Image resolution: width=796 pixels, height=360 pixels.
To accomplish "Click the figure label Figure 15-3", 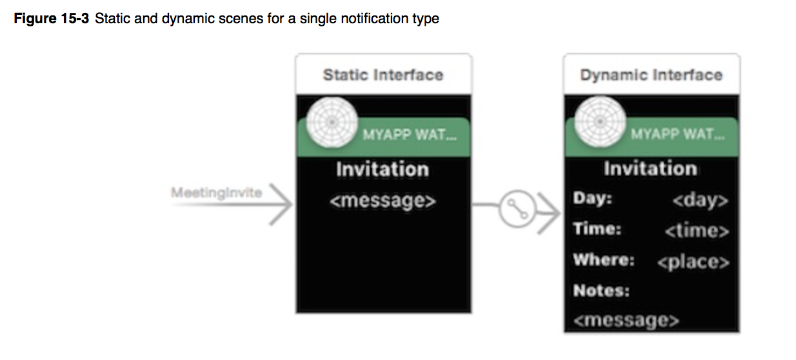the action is click(51, 19).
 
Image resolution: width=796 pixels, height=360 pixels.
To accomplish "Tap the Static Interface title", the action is click(383, 75).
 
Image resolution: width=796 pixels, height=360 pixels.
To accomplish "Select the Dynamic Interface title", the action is click(652, 75).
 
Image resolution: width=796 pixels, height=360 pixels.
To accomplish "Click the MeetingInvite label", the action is click(216, 193).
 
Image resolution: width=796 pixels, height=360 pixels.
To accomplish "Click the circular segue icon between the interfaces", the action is click(517, 209).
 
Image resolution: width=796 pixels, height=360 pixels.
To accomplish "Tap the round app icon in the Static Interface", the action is click(332, 122).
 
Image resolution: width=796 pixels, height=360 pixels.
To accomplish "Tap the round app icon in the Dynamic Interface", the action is click(600, 121).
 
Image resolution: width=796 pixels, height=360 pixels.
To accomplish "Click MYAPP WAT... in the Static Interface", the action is click(410, 135).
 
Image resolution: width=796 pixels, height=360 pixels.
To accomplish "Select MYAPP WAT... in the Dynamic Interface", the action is click(678, 134).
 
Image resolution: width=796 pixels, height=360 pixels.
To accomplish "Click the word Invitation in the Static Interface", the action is click(383, 169).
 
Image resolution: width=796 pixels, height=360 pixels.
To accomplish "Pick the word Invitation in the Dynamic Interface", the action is click(650, 168).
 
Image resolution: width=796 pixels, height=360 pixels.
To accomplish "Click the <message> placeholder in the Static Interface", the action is click(383, 201).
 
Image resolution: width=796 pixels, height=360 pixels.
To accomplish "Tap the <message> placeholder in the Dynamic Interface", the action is click(626, 320).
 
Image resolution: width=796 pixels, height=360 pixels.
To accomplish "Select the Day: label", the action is click(592, 198).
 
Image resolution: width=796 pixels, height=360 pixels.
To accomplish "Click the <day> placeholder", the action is click(701, 201).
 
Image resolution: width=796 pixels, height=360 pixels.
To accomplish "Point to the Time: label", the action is click(597, 228).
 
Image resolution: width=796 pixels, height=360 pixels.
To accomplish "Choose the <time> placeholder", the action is click(697, 231).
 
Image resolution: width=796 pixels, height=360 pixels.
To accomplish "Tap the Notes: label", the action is click(601, 291).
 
